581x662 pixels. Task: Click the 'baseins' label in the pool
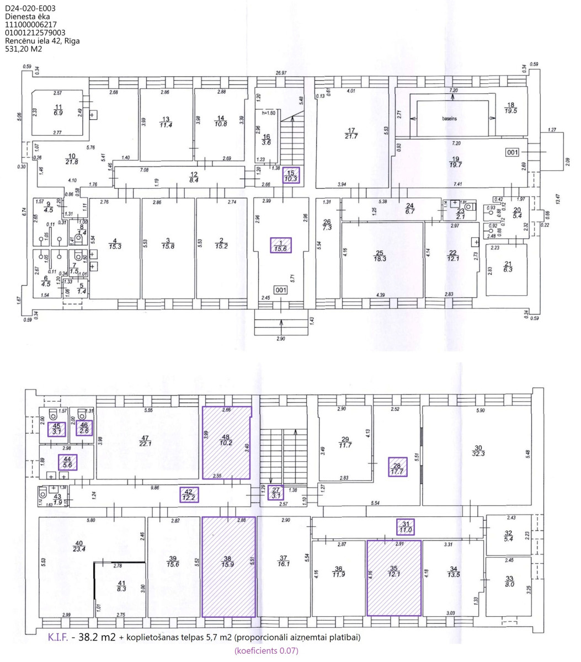(451, 119)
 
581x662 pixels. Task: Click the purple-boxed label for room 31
(406, 527)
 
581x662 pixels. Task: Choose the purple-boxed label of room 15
(290, 175)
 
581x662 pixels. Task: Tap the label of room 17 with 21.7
(351, 132)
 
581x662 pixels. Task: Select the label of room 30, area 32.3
(478, 450)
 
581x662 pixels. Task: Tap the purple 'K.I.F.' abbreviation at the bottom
(58, 638)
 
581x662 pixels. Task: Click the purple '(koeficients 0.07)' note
(266, 652)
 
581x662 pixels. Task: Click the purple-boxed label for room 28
(396, 466)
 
